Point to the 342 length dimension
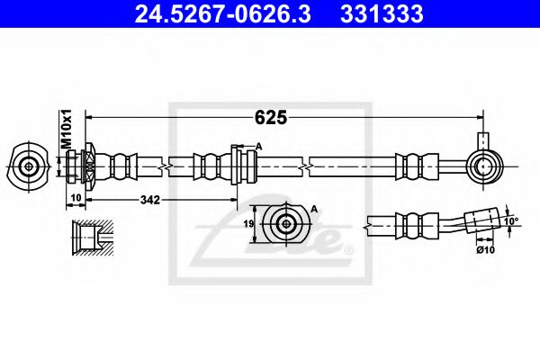tap(148, 200)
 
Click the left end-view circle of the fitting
tap(30, 166)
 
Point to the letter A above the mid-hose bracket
tap(258, 146)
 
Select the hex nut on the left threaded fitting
tap(90, 166)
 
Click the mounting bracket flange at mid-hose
tap(236, 166)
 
